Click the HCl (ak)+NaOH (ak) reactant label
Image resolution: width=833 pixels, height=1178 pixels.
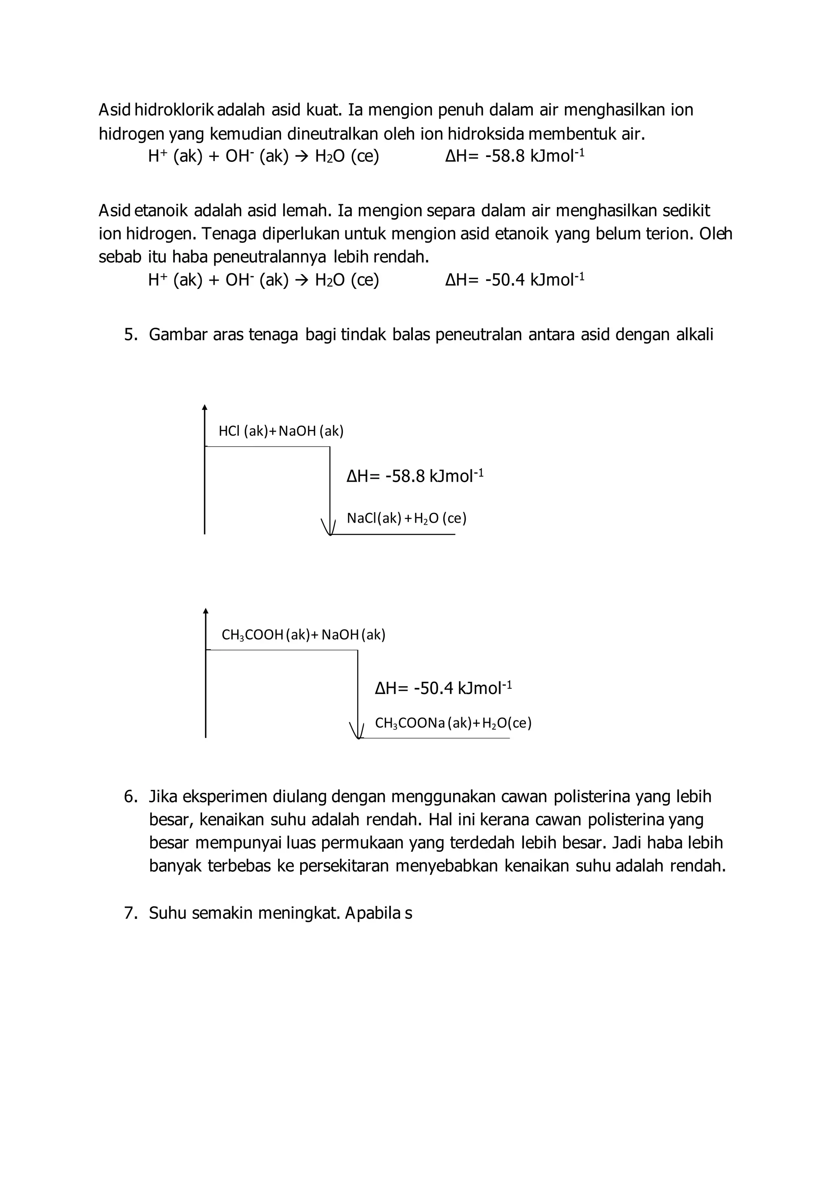click(x=281, y=431)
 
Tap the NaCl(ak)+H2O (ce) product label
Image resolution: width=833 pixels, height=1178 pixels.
click(x=406, y=518)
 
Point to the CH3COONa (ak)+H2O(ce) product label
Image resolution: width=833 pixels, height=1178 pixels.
click(x=453, y=723)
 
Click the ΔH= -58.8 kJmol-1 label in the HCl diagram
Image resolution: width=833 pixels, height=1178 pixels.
click(x=415, y=476)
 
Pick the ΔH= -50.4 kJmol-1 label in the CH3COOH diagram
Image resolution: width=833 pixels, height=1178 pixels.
click(x=443, y=688)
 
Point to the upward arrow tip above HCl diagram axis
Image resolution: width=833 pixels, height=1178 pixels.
click(x=205, y=408)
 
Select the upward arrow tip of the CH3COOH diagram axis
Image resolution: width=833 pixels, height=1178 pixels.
click(x=206, y=611)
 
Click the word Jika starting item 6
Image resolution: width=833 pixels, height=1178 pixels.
click(x=163, y=797)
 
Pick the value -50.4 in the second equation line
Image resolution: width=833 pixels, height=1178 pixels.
click(x=505, y=280)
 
